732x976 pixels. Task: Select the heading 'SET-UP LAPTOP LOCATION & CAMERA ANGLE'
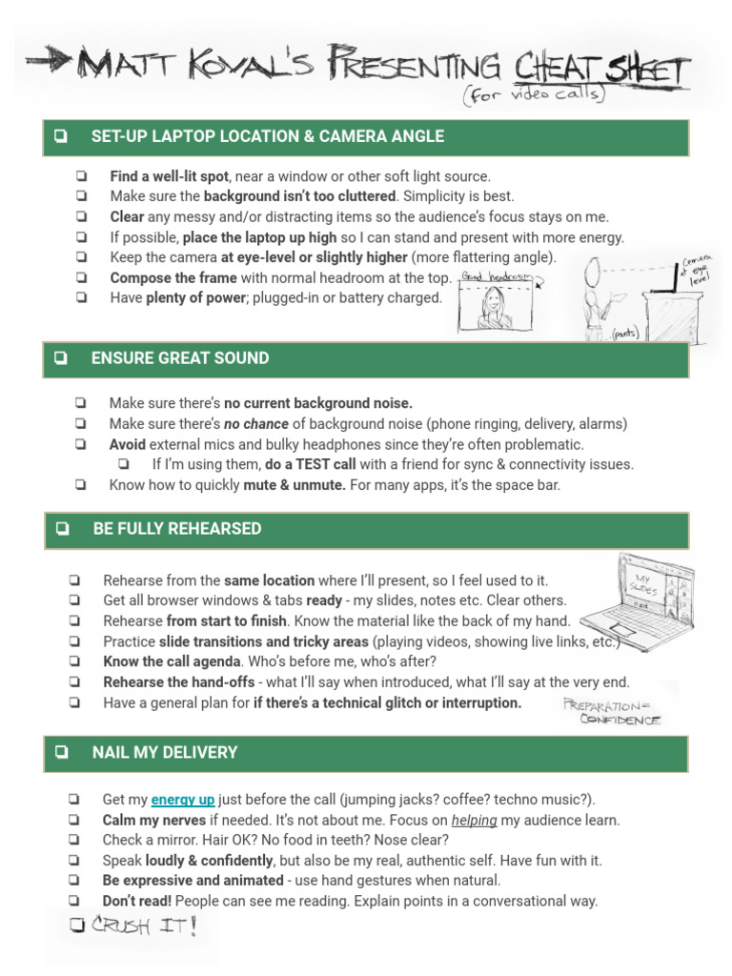267,136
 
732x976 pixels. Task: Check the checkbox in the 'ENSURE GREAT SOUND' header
61,359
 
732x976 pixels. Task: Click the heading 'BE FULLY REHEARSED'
176,529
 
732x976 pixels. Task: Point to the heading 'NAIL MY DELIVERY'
164,753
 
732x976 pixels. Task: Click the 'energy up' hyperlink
183,800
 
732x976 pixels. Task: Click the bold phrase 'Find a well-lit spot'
169,176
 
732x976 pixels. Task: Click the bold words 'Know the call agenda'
171,661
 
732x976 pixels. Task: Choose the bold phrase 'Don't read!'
137,901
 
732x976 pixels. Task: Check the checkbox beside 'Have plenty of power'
81,297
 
